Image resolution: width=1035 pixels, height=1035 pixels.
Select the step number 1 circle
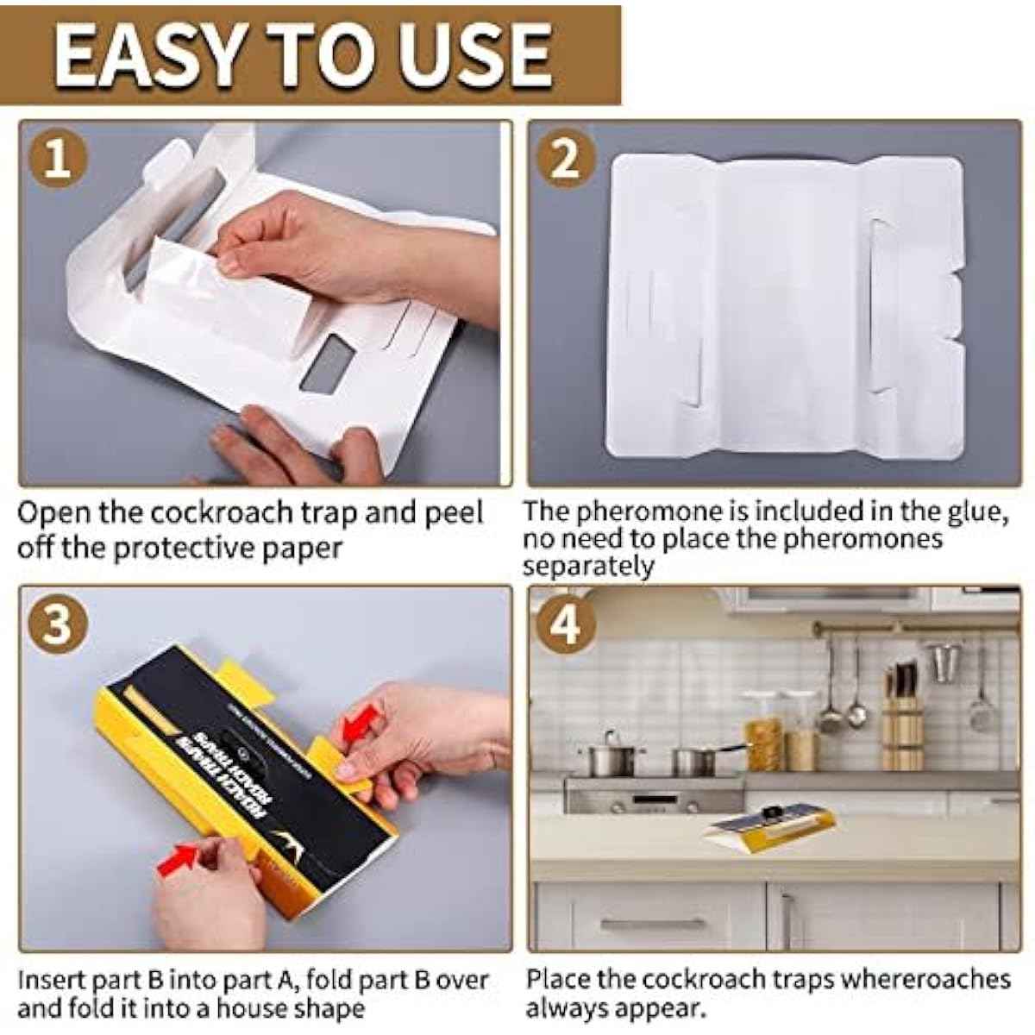pyautogui.click(x=58, y=160)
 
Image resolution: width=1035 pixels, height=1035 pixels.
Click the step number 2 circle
pyautogui.click(x=565, y=160)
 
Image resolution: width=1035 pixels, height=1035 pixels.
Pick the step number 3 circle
pyautogui.click(x=58, y=625)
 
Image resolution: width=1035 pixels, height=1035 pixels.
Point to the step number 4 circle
pyautogui.click(x=565, y=625)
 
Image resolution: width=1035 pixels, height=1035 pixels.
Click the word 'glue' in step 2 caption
pyautogui.click(x=969, y=511)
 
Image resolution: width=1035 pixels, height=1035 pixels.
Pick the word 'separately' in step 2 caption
pyautogui.click(x=588, y=567)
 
